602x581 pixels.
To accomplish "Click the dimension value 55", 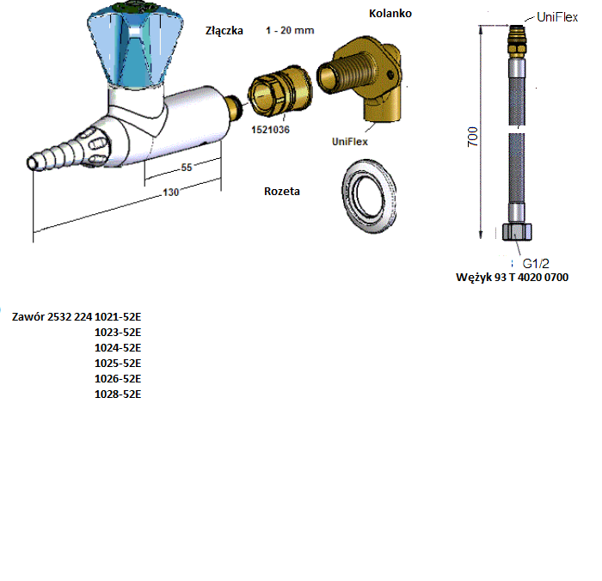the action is tap(187, 168).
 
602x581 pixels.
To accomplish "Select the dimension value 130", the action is tap(171, 193).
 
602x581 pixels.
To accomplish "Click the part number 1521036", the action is tap(270, 130).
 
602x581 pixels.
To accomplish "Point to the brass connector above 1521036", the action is tap(279, 90).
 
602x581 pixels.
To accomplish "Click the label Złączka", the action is tap(224, 31).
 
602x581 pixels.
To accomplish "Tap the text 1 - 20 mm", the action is tap(290, 30).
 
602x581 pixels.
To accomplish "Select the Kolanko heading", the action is tap(390, 14).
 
